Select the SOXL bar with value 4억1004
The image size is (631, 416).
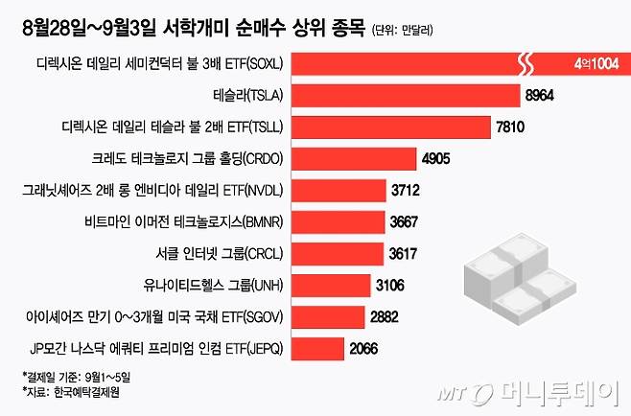[451, 64]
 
